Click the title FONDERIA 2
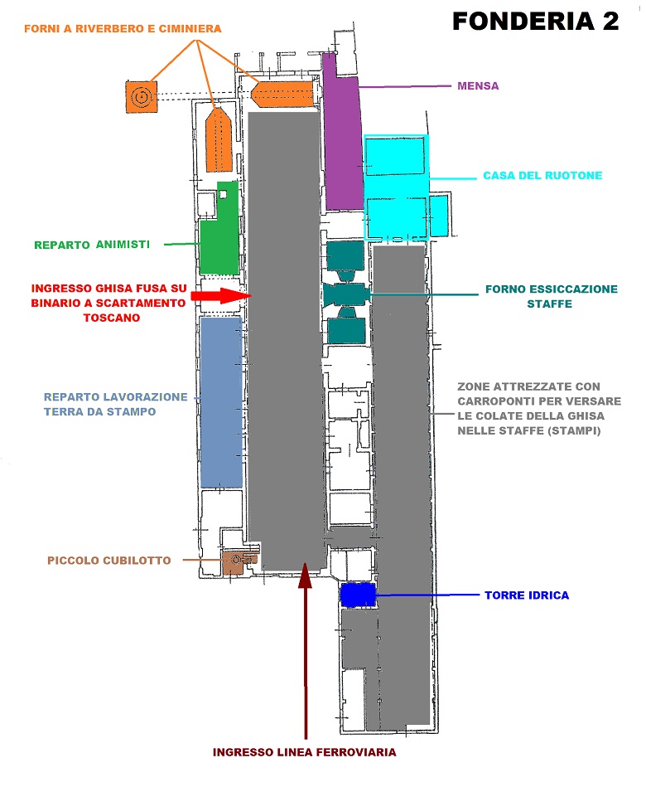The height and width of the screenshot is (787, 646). [x=535, y=21]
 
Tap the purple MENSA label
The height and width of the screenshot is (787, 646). [x=478, y=85]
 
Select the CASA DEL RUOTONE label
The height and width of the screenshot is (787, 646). [x=542, y=175]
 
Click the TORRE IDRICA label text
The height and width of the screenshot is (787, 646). [x=527, y=595]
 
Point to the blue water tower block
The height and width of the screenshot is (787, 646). [x=358, y=595]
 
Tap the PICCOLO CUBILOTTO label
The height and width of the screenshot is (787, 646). [x=108, y=560]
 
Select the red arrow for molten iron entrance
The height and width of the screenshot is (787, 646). [x=221, y=295]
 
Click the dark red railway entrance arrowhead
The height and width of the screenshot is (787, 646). [x=305, y=576]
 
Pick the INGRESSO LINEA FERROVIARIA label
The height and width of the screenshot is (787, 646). [x=304, y=752]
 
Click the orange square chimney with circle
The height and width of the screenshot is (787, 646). [x=142, y=96]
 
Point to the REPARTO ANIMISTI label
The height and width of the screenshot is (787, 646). [x=92, y=245]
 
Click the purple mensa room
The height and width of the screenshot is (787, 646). [x=343, y=133]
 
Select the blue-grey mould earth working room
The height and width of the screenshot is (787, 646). [x=221, y=401]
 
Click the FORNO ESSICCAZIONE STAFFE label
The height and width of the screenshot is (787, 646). [x=552, y=296]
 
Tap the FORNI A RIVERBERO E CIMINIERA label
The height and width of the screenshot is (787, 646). [x=123, y=28]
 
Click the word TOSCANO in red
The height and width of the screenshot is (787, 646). [x=111, y=318]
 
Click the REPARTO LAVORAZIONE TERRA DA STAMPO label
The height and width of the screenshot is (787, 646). [x=115, y=404]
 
